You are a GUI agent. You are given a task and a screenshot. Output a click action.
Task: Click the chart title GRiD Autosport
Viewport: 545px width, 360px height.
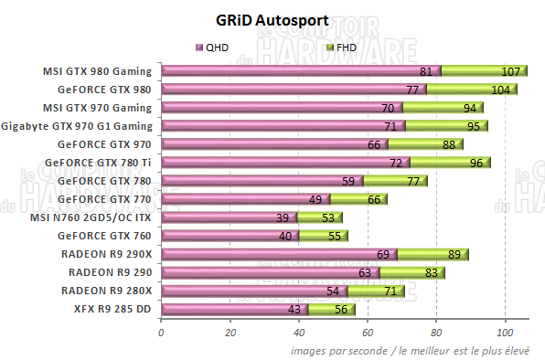272,19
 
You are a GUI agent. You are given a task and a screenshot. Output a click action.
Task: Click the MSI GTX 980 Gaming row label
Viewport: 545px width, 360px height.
98,70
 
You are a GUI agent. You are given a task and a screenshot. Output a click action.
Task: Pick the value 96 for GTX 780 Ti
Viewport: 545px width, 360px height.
476,163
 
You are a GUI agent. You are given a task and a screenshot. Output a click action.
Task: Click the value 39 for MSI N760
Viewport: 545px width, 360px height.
282,217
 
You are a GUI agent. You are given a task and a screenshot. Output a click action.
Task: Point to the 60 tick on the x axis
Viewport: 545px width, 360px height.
368,333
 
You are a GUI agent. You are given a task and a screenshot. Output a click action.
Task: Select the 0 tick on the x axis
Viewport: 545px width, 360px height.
162,333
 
